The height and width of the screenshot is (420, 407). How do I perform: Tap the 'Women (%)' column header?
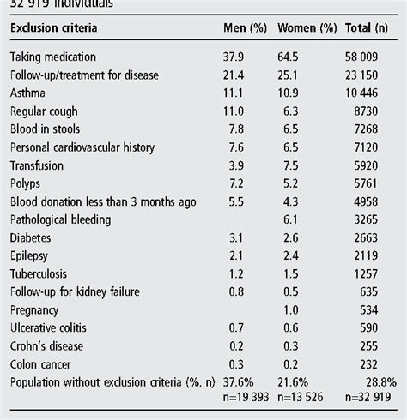click(306, 28)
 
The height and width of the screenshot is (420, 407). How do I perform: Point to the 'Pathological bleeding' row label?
click(62, 219)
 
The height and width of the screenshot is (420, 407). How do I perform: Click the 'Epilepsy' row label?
click(31, 255)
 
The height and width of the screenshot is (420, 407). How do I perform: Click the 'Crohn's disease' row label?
click(48, 345)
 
